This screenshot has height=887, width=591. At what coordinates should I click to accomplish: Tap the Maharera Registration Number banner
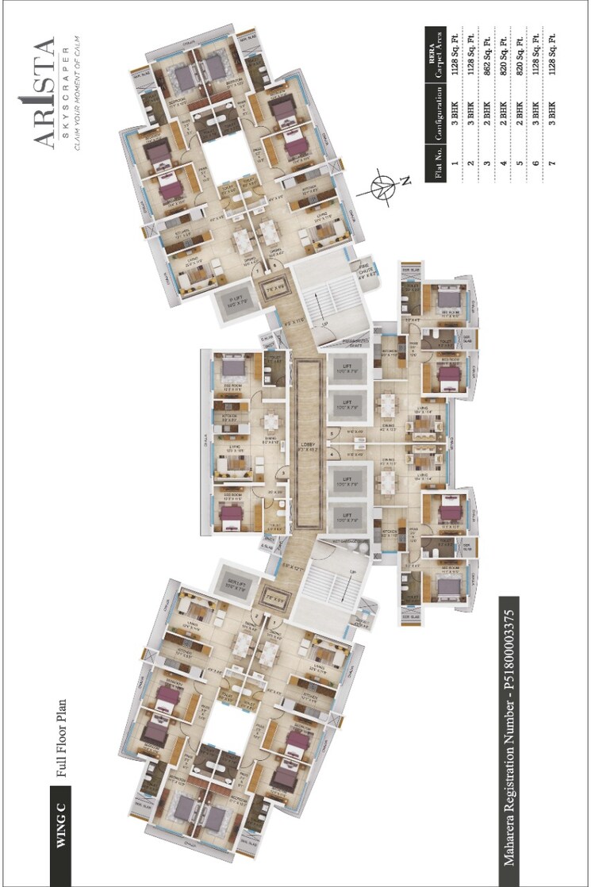[x=507, y=738]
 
